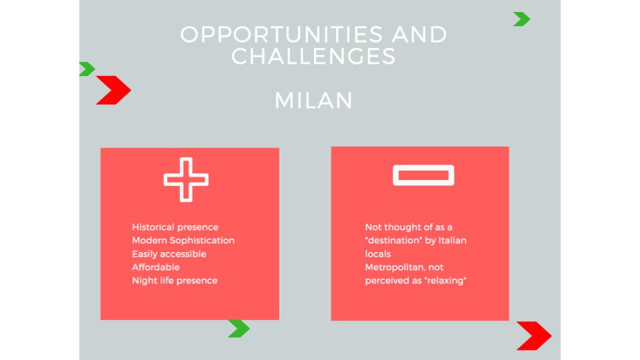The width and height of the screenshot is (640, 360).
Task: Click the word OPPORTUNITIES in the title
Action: tap(281, 34)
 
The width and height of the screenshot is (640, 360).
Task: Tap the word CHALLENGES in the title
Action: tap(313, 56)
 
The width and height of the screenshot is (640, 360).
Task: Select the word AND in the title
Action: tap(419, 34)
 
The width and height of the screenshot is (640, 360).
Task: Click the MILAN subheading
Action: tap(313, 101)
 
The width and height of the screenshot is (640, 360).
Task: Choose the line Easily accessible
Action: tap(169, 254)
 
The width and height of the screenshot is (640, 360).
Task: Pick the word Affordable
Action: tap(155, 267)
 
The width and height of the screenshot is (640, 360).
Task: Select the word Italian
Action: tap(452, 241)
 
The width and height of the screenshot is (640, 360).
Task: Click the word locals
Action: tap(378, 254)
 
